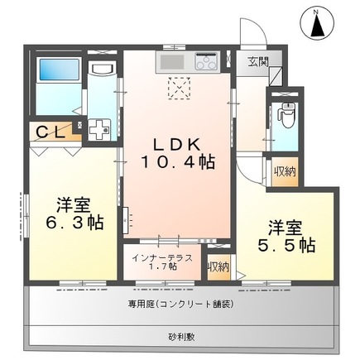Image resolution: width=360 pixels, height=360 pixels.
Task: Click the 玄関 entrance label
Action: [257, 60]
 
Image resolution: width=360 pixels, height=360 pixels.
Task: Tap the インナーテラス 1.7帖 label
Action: [164, 262]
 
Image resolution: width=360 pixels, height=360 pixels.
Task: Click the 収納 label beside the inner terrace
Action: [218, 266]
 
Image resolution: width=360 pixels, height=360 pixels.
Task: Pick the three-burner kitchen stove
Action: [205, 60]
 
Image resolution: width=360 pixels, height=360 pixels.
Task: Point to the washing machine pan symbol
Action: [101, 129]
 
